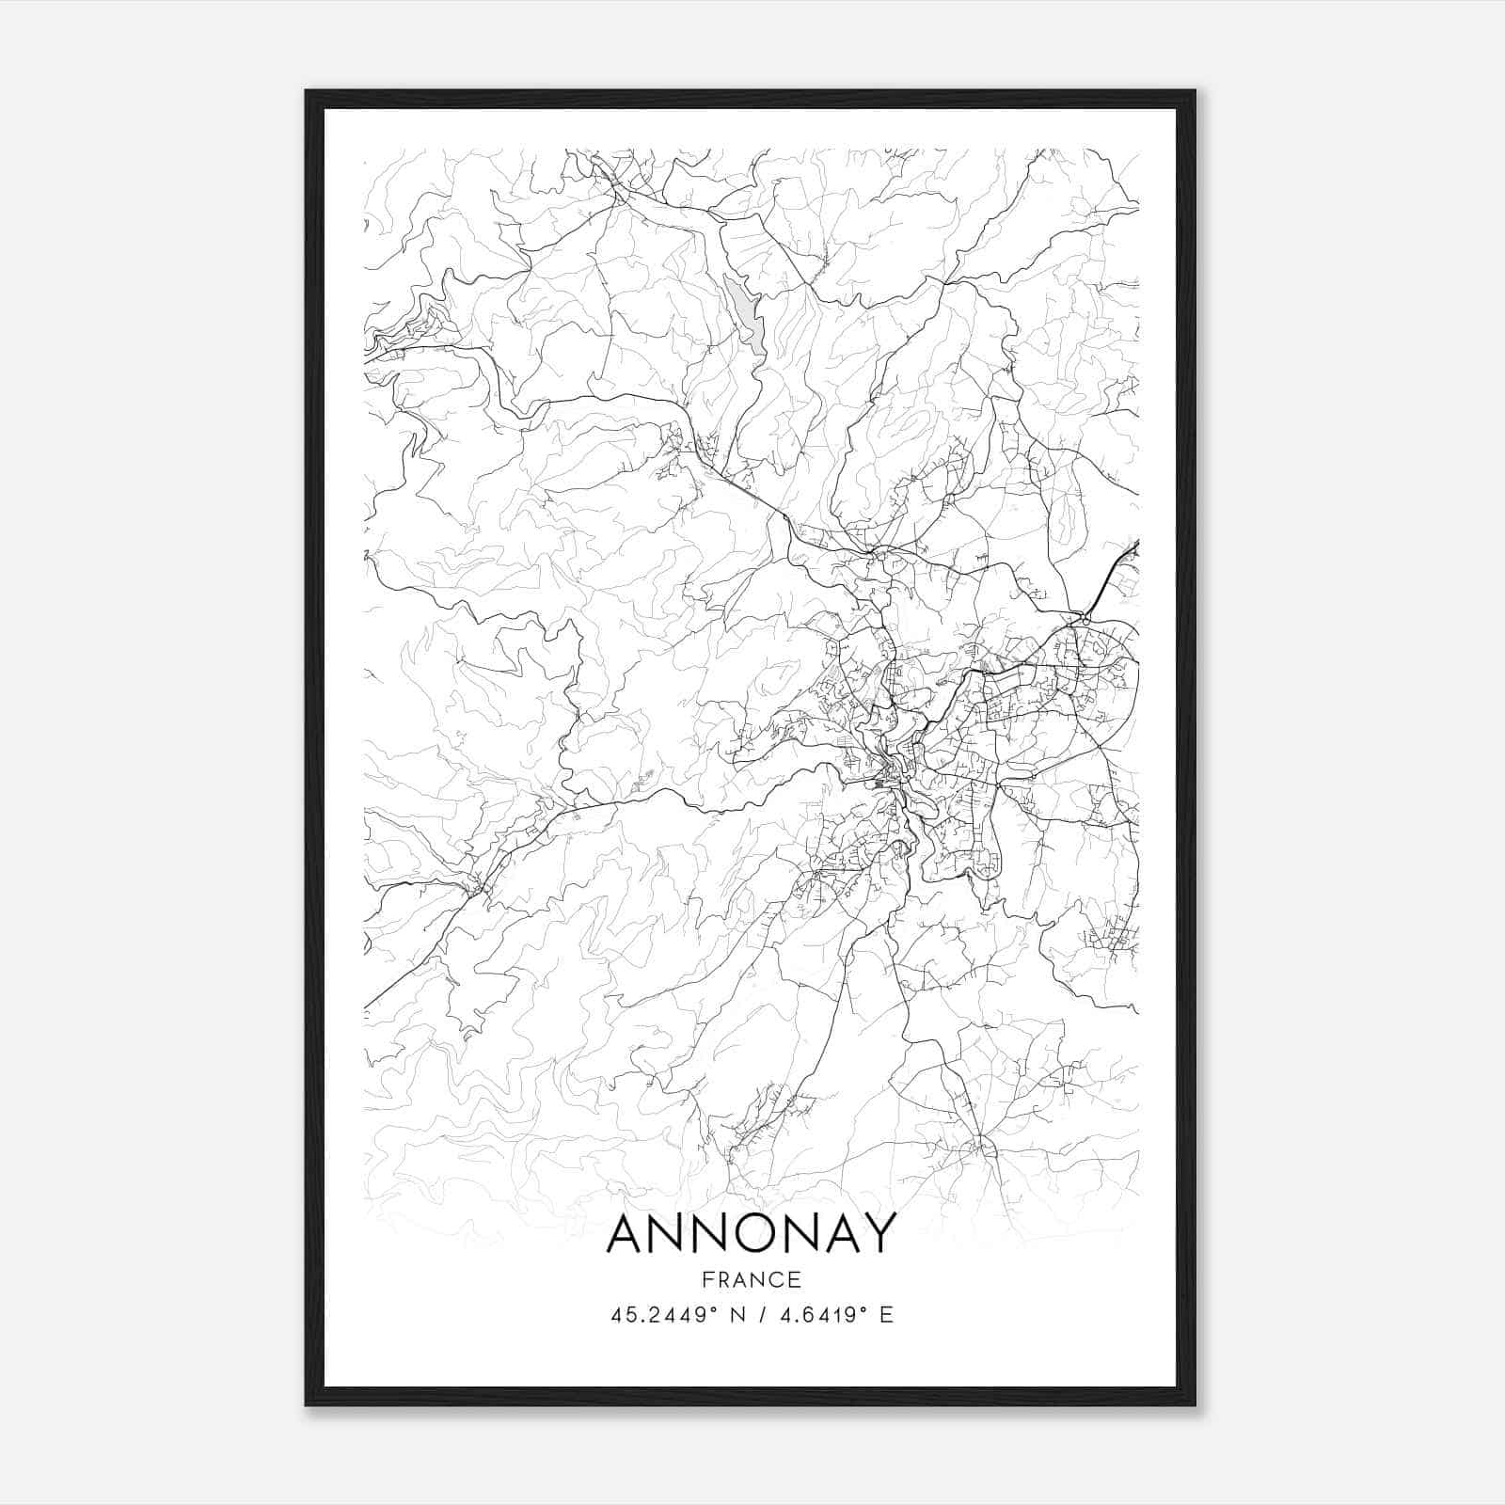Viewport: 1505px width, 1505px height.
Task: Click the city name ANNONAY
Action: (752, 1234)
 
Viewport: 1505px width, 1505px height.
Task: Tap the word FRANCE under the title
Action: (752, 1279)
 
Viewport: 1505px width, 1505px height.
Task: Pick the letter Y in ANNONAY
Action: (877, 1234)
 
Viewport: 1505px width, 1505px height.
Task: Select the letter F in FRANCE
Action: (707, 1279)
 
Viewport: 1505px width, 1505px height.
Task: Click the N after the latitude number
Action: (738, 1315)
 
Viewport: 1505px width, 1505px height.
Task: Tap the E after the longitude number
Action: (886, 1315)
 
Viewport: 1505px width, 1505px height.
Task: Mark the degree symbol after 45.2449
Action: (718, 1309)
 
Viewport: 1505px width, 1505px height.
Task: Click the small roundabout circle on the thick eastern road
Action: (1085, 621)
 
